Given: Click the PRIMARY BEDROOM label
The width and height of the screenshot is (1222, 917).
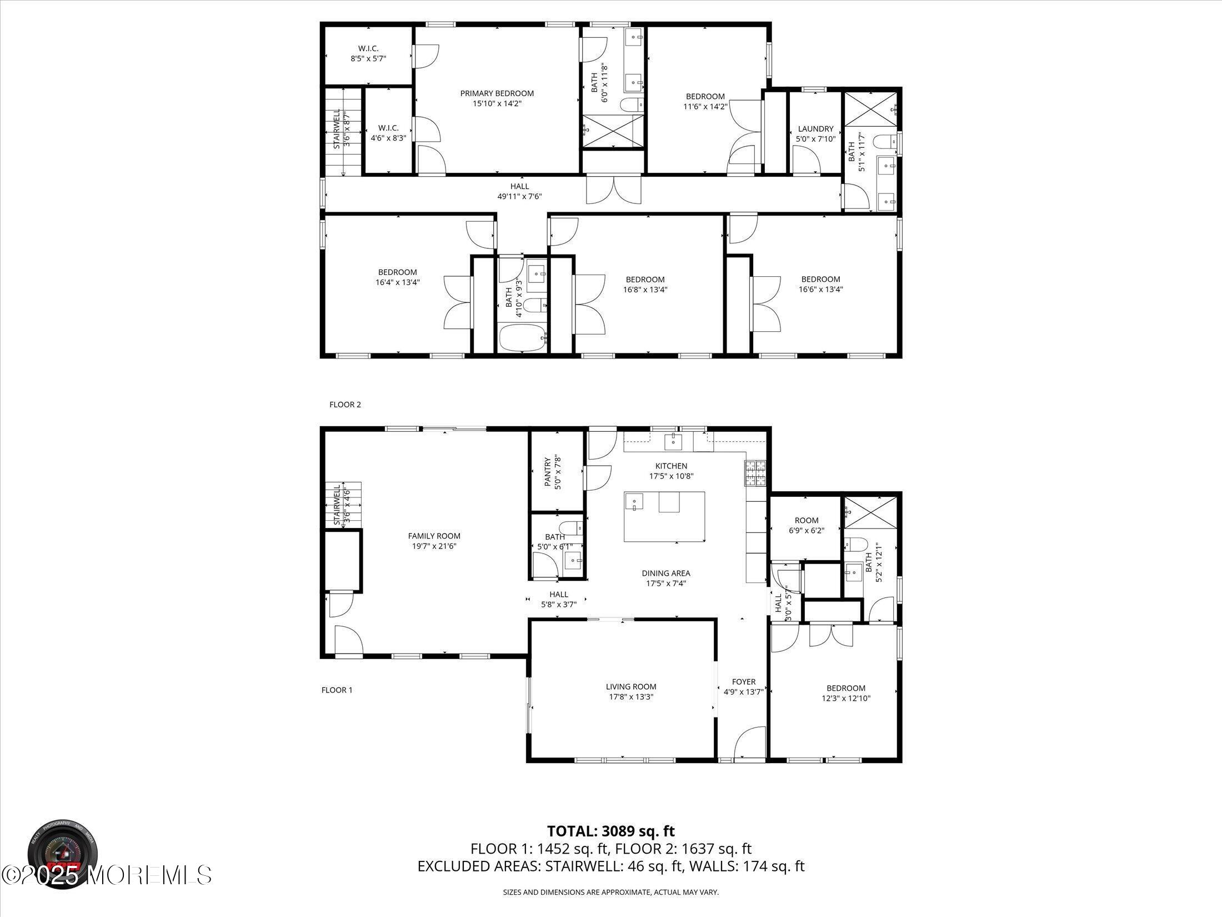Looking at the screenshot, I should click(x=497, y=93).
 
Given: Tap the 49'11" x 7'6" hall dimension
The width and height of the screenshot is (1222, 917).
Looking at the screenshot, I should click(x=519, y=196).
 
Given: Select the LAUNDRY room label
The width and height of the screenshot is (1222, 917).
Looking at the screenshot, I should click(x=815, y=129).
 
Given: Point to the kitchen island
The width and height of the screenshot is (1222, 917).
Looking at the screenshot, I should click(x=664, y=516).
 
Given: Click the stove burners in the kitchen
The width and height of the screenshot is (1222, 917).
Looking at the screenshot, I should click(x=755, y=474).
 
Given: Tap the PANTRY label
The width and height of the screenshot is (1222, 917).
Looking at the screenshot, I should click(x=548, y=472).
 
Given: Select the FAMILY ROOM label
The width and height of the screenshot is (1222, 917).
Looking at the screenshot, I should click(x=434, y=536).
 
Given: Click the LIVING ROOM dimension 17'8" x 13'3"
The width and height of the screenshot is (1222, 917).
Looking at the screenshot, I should click(x=631, y=697).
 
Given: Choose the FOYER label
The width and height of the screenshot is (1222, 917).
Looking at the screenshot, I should click(x=744, y=682).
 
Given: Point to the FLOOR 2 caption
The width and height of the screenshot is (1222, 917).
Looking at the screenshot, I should click(x=345, y=405).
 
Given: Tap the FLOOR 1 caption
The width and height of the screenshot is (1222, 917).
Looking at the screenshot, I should click(x=337, y=690).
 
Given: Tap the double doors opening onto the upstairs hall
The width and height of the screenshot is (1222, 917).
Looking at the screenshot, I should click(x=614, y=190).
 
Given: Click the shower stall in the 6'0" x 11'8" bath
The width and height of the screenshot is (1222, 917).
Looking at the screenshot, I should click(x=613, y=131).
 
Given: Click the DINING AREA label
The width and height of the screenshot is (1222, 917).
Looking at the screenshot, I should click(x=665, y=574).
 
